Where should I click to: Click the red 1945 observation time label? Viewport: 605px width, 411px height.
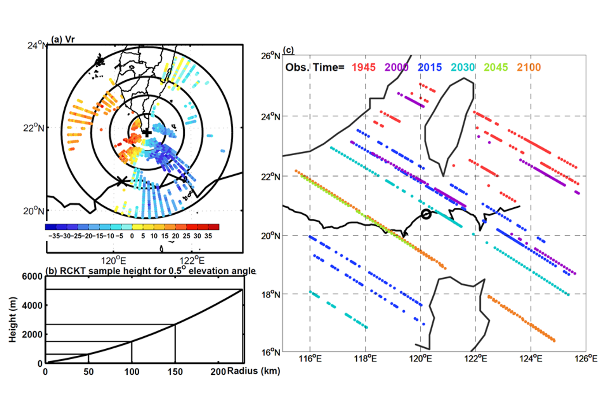363,67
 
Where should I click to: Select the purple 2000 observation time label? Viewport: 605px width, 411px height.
396,67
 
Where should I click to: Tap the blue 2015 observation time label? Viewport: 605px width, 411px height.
429,67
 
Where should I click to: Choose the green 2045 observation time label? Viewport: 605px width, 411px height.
496,67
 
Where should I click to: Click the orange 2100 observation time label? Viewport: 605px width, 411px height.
529,67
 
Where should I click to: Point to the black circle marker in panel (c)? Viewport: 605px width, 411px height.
426,214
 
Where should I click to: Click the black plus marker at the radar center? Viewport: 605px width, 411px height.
147,133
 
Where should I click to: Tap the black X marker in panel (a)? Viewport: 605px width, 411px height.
121,181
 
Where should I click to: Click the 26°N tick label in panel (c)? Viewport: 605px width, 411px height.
271,56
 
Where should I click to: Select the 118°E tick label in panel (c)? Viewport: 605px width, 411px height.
365,359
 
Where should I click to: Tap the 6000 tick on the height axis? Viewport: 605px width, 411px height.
32,277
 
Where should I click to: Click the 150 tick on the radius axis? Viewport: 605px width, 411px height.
175,372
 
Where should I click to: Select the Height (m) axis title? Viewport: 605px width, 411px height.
13,319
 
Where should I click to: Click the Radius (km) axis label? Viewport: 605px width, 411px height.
253,371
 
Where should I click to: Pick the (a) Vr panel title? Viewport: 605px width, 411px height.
63,39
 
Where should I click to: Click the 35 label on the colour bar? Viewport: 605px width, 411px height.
208,236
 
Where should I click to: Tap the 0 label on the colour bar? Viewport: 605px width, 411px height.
132,236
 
